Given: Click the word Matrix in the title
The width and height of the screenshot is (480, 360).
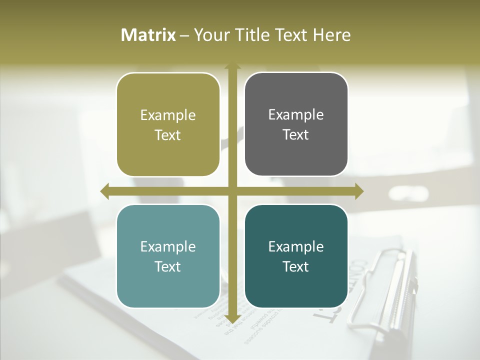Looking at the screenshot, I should click(x=148, y=35).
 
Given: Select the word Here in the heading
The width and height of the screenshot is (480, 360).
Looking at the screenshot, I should click(x=331, y=35).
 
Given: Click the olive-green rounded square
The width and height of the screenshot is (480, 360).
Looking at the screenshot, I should click(x=168, y=124).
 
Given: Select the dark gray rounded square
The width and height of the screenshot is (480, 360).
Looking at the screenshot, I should click(x=296, y=124).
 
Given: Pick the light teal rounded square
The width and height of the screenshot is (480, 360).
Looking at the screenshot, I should click(x=168, y=256).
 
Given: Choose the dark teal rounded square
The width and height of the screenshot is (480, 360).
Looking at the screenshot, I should click(x=296, y=256).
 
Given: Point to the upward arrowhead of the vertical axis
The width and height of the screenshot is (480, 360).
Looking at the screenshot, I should click(x=232, y=66).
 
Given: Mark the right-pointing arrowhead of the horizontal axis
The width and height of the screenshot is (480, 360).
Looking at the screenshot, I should click(x=359, y=191).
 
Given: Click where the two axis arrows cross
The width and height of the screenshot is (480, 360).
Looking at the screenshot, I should click(x=232, y=191).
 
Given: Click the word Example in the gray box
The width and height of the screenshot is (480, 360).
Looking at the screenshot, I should click(x=296, y=114).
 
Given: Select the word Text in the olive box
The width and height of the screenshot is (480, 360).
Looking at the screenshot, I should click(x=168, y=135).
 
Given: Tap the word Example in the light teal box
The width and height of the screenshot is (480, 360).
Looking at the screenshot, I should click(x=168, y=246).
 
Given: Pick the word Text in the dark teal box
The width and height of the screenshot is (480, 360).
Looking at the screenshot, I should click(x=296, y=266).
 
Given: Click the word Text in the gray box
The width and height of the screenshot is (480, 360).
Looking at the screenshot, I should click(x=296, y=134).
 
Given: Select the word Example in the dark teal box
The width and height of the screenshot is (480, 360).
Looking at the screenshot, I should click(x=296, y=246).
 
